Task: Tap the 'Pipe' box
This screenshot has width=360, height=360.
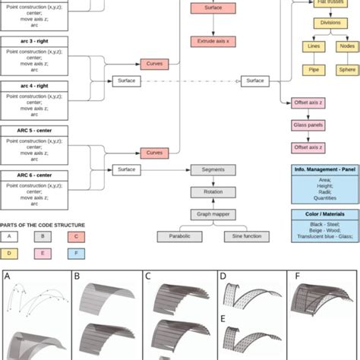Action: click(x=314, y=70)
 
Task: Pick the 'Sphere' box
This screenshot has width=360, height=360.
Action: click(x=346, y=70)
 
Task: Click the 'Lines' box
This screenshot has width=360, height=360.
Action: click(x=314, y=46)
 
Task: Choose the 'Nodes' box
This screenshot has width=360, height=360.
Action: click(x=346, y=46)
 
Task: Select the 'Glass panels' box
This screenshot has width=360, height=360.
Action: click(x=308, y=125)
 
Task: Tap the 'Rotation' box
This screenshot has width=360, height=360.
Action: click(x=207, y=192)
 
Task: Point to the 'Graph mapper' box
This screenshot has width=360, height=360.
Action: click(x=207, y=214)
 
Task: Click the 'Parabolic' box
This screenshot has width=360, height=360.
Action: click(x=180, y=237)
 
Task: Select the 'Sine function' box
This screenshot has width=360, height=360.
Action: click(x=241, y=237)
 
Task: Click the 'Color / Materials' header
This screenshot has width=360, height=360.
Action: click(x=325, y=215)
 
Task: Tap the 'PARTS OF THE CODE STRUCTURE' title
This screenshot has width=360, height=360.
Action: click(x=43, y=225)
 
